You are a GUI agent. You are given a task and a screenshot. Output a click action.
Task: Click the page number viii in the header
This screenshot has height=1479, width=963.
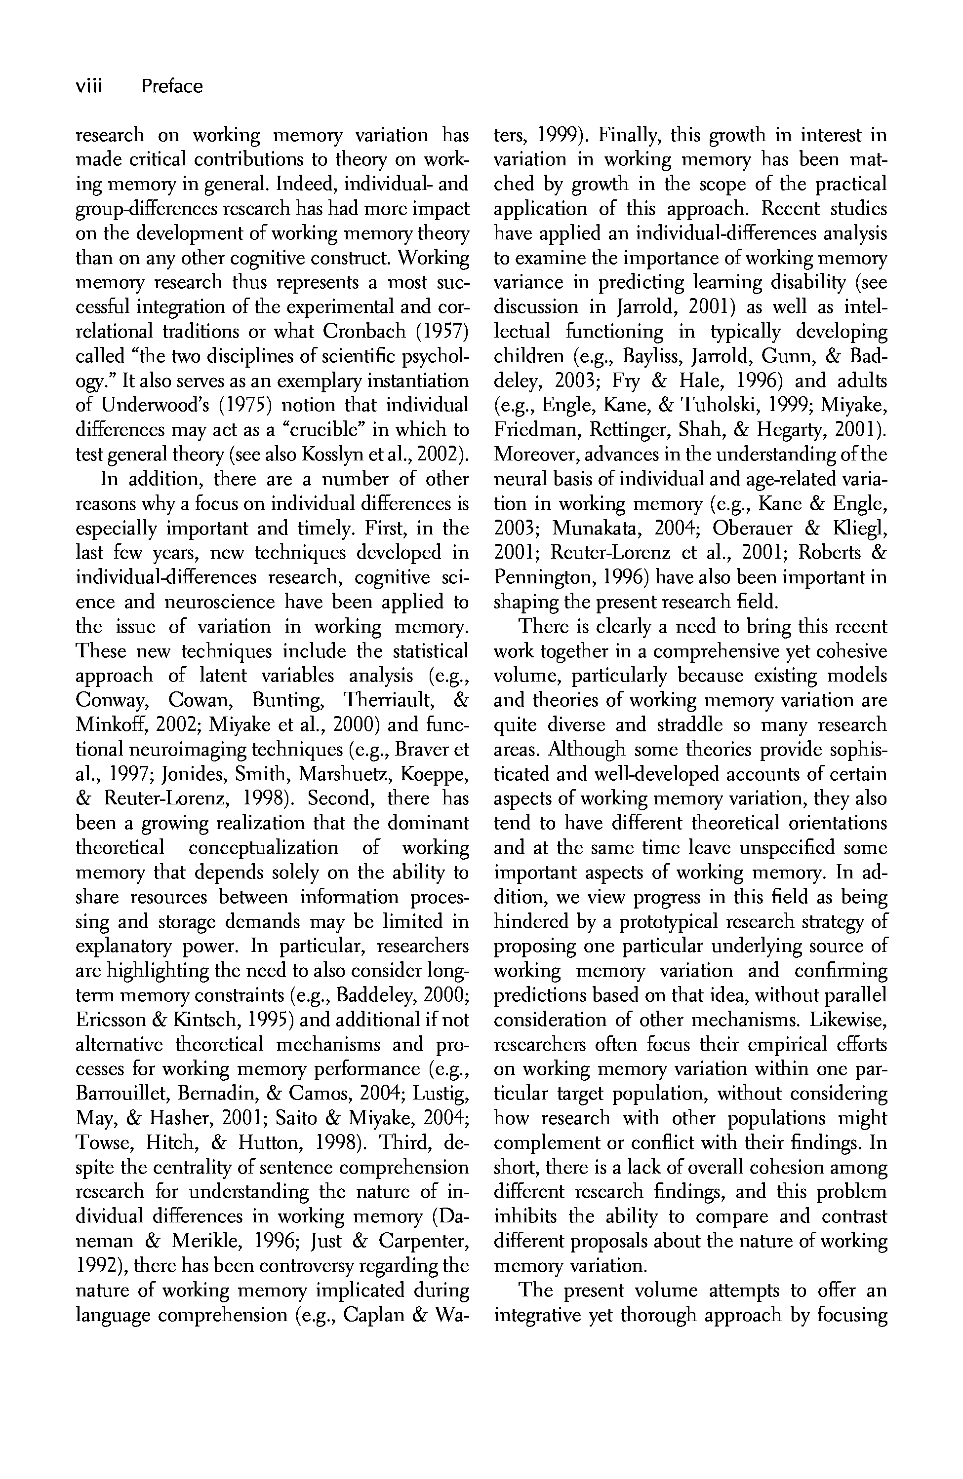coord(88,86)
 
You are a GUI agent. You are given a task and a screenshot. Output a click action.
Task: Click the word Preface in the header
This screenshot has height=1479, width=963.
coord(171,86)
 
